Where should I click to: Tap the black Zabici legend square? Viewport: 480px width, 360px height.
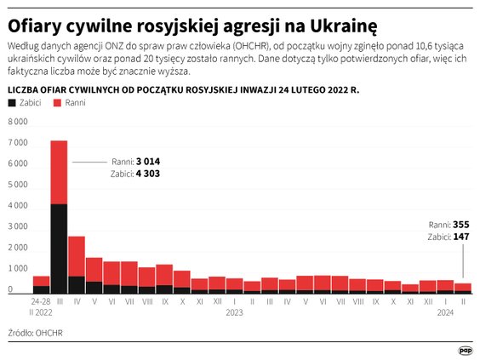click(x=11, y=102)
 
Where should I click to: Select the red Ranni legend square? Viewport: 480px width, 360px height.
click(x=57, y=102)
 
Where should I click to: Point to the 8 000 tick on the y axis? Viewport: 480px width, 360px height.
click(x=18, y=122)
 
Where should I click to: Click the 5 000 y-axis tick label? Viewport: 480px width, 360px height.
click(x=18, y=185)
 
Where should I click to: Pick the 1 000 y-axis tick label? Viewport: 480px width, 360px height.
click(x=18, y=268)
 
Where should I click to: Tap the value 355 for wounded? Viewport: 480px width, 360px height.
click(x=460, y=224)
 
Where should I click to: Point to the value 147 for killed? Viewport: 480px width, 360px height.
click(x=460, y=236)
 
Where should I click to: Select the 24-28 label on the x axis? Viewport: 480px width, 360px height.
click(x=41, y=301)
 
